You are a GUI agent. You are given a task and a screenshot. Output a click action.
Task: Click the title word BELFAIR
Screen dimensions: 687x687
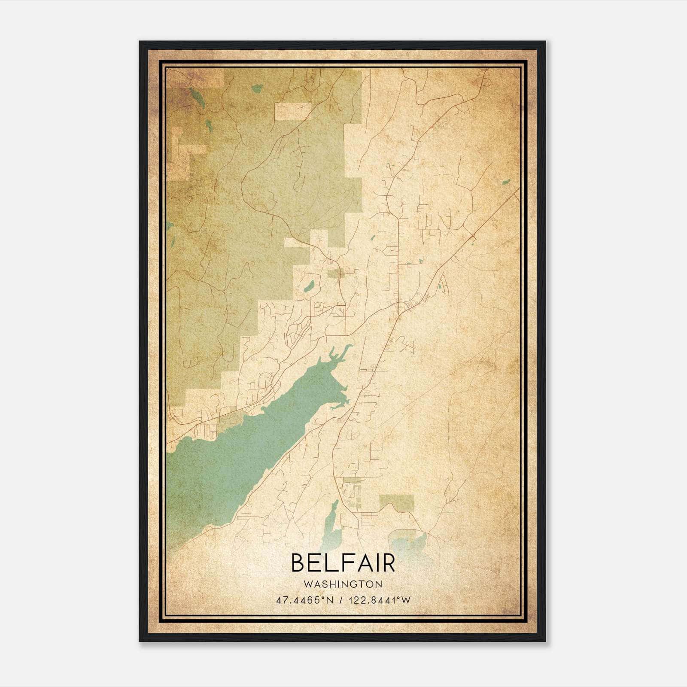click(x=343, y=563)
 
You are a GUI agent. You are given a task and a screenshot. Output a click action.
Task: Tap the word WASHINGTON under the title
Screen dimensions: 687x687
click(x=343, y=584)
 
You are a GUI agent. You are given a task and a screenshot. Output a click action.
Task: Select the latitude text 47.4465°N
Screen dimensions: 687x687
click(x=305, y=600)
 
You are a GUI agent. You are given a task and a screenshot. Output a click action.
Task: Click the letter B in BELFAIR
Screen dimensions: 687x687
click(x=299, y=563)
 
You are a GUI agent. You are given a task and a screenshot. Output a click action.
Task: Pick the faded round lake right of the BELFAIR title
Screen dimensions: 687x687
click(x=407, y=542)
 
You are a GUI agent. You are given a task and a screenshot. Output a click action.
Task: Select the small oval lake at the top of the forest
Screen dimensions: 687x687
click(x=257, y=88)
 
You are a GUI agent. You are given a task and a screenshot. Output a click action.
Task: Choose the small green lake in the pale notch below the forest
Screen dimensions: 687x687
click(x=308, y=286)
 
